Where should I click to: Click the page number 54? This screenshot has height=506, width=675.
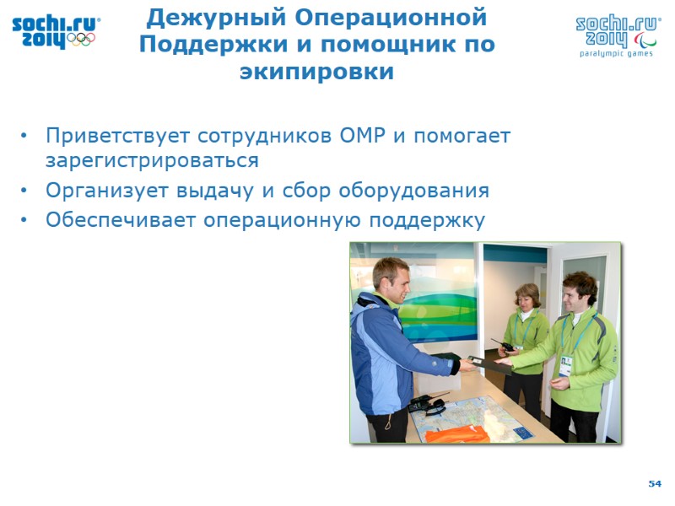(x=655, y=483)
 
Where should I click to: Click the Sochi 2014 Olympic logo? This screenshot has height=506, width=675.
(x=56, y=31)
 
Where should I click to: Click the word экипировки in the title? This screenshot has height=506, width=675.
(x=316, y=72)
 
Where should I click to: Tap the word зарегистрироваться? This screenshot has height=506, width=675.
(x=152, y=160)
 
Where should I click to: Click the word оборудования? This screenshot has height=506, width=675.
(x=414, y=191)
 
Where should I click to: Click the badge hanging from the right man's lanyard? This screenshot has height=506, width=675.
(x=564, y=365)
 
